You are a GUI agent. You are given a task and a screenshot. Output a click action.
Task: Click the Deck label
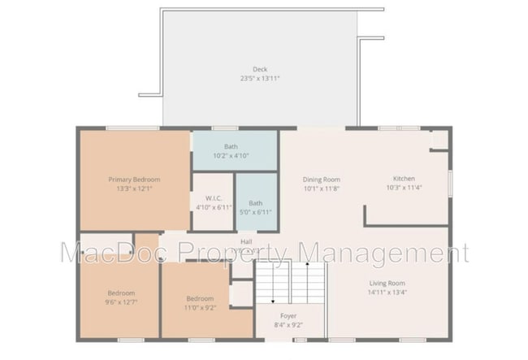pyautogui.click(x=259, y=70)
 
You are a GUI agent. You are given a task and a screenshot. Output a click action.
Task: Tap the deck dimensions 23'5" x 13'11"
pyautogui.click(x=259, y=79)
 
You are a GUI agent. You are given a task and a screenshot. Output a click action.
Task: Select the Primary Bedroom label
pyautogui.click(x=134, y=179)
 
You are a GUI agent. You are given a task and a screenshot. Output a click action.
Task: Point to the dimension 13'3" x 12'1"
pyautogui.click(x=134, y=188)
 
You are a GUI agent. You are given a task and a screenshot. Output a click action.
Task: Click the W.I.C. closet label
pyautogui.click(x=214, y=197)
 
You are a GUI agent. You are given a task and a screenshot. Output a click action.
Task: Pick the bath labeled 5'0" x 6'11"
pyautogui.click(x=255, y=207)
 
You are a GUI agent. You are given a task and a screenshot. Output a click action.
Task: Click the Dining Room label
pyautogui.click(x=321, y=179)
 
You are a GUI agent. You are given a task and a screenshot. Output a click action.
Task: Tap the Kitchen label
pyautogui.click(x=404, y=178)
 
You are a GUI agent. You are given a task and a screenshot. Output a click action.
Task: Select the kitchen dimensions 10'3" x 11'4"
pyautogui.click(x=404, y=188)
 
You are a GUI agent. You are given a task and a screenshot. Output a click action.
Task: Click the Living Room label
pyautogui.click(x=387, y=283)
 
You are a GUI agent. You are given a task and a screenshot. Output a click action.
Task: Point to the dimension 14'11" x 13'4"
pyautogui.click(x=387, y=293)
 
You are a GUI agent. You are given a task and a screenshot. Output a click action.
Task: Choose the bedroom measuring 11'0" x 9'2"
pyautogui.click(x=199, y=302)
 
